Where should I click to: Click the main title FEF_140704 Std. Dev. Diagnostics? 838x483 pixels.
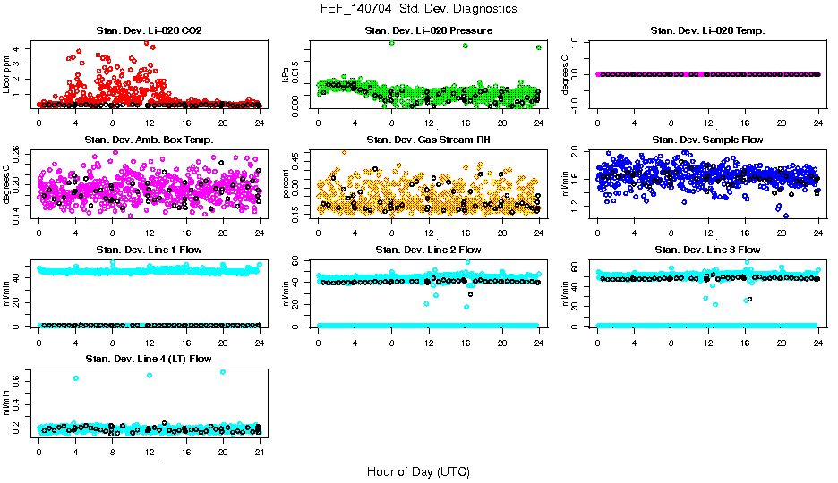coord(418,9)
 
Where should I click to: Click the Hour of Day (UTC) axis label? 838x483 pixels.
coord(418,471)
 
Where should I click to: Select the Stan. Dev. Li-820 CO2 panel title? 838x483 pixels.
coord(148,31)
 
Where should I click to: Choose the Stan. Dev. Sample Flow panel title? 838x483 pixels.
coord(707,140)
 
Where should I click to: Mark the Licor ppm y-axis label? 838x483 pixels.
coord(8,74)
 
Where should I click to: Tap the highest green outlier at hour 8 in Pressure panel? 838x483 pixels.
coord(391,43)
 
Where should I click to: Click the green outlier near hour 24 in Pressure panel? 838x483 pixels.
coord(538,47)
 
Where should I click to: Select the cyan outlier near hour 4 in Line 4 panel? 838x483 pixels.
coord(76,378)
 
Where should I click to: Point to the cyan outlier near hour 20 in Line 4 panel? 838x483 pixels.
coord(222,372)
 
